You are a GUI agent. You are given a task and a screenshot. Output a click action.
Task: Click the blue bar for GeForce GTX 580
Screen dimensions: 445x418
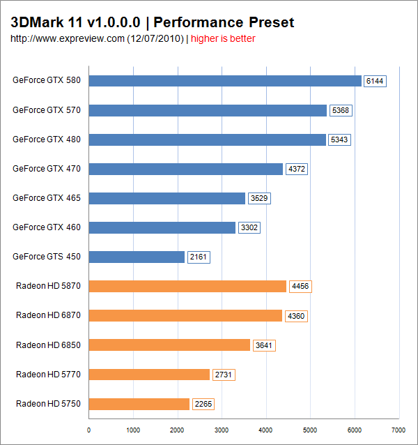point(225,81)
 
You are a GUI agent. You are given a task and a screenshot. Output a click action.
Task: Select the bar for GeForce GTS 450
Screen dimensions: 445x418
point(137,257)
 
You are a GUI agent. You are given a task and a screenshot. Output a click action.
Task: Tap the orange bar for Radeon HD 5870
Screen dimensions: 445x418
point(187,286)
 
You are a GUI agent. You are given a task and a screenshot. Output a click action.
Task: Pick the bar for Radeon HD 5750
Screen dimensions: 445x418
point(139,404)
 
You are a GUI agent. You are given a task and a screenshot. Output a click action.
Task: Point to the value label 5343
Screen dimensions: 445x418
point(339,140)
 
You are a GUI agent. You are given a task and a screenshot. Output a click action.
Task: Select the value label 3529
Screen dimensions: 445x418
point(259,199)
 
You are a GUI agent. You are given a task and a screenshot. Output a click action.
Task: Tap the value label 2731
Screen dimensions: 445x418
point(224,375)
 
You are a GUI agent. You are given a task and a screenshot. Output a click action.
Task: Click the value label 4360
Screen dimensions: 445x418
point(296,316)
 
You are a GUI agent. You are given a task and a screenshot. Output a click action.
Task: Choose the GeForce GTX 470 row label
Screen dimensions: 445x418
point(47,168)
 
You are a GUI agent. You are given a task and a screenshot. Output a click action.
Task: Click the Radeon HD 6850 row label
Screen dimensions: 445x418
point(48,345)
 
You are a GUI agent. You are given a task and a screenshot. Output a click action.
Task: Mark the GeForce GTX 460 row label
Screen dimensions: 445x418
point(47,227)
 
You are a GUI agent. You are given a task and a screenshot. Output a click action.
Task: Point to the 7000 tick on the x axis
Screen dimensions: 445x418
point(398,430)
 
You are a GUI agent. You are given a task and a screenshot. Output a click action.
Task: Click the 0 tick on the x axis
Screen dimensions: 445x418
point(89,430)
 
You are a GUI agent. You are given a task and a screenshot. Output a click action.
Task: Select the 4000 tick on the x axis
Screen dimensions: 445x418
point(266,430)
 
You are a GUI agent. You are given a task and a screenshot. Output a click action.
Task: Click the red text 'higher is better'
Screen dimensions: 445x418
point(223,38)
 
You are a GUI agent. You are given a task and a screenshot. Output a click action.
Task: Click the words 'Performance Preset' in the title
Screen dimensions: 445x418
point(226,22)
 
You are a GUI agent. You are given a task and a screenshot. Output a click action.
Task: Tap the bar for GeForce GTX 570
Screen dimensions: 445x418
point(208,110)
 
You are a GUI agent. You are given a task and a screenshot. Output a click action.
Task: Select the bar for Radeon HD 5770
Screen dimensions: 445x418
point(149,375)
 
